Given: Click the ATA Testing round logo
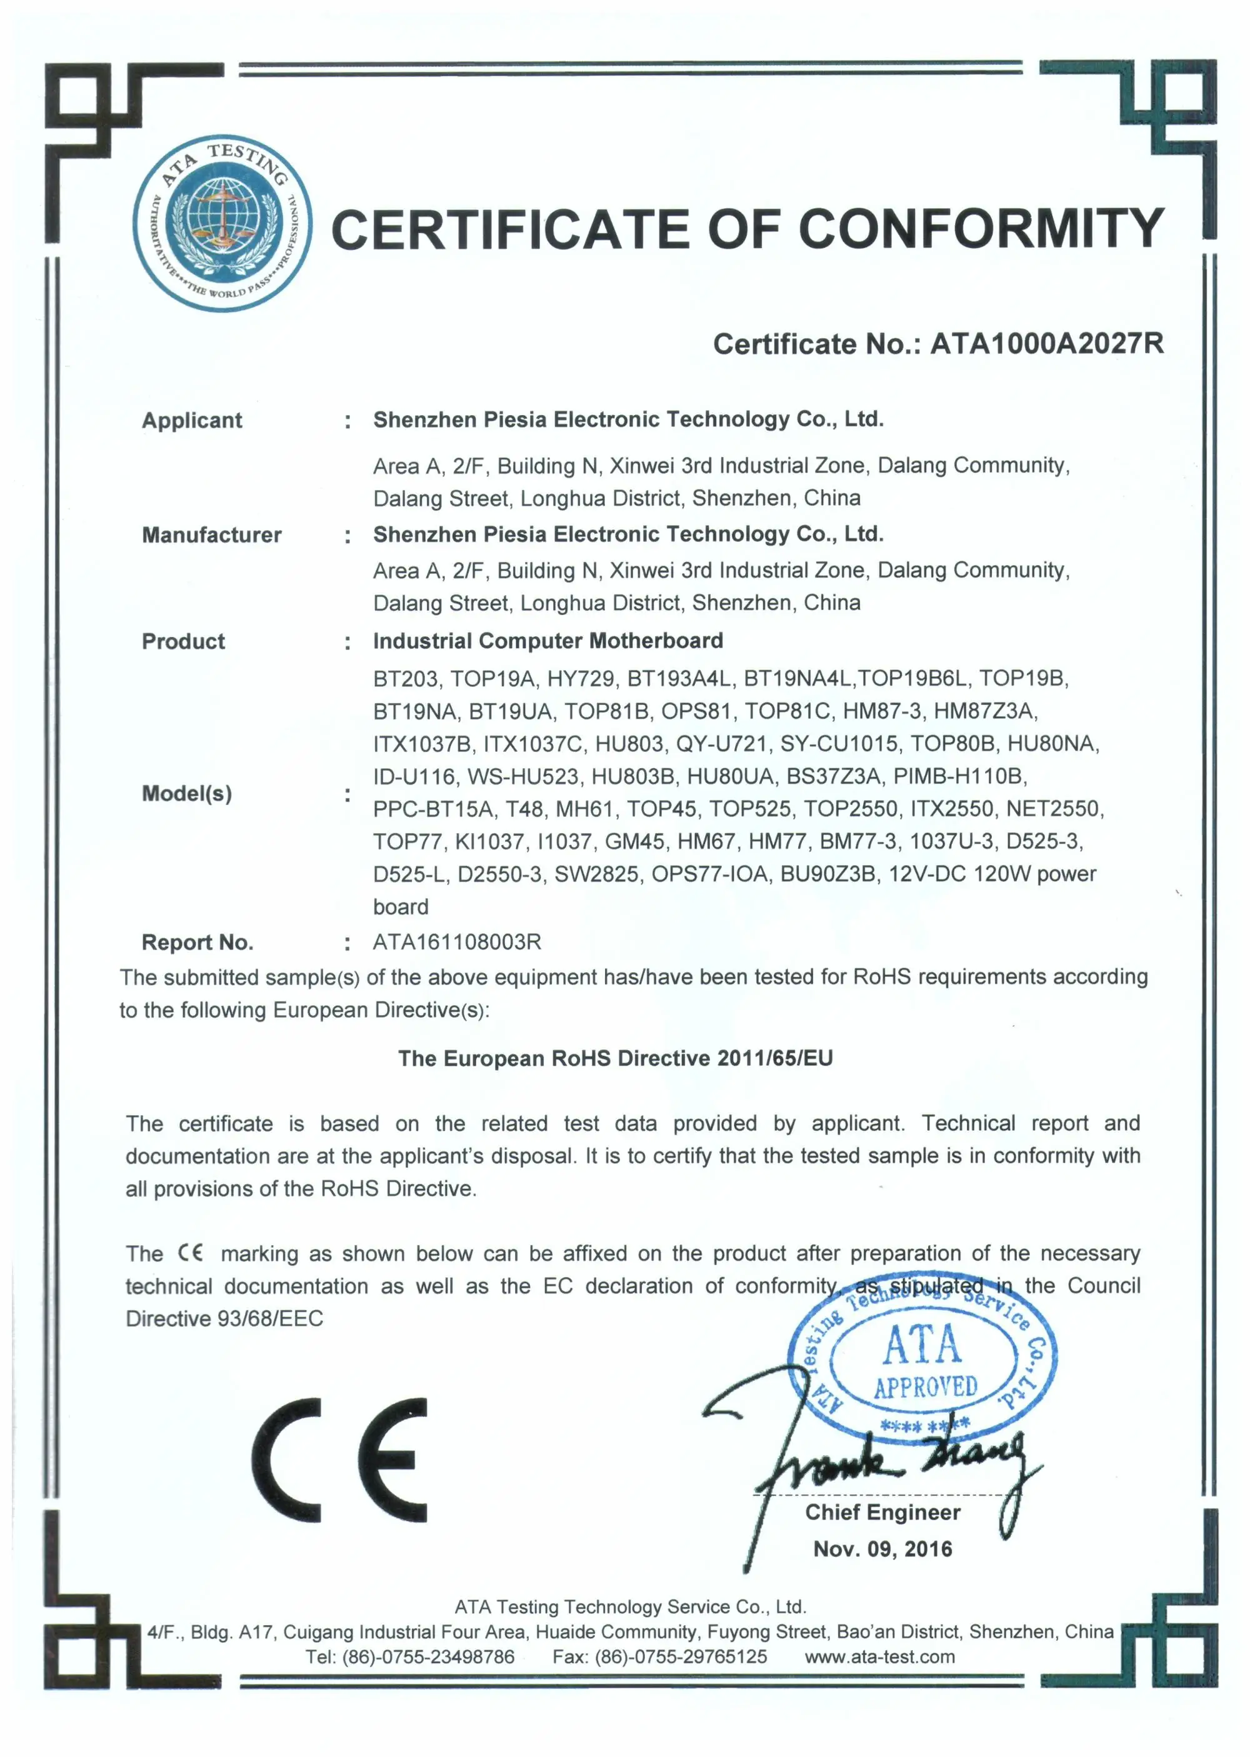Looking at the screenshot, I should coord(222,223).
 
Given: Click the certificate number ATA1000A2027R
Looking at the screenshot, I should coord(1046,343).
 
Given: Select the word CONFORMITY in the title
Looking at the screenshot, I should coord(981,229).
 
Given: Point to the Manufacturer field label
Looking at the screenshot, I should coord(212,535).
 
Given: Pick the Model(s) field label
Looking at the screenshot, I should coord(187,793).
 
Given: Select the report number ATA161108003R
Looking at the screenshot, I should coord(457,941).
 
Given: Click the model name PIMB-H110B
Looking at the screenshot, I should coord(960,776).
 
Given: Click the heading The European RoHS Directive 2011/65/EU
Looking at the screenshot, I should coord(615,1058).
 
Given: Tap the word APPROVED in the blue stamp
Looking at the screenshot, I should coord(925,1387).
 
